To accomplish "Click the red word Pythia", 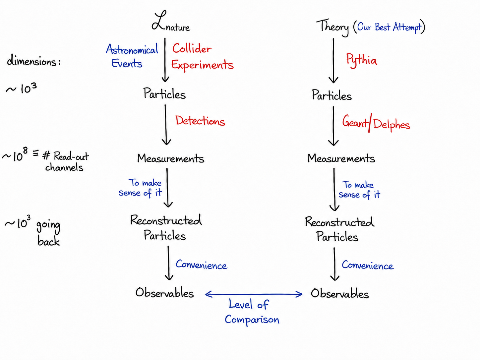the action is (361, 60).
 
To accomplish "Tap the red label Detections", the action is (200, 121).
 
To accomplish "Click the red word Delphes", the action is (391, 125).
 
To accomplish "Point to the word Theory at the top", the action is (332, 27).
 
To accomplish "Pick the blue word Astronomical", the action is (132, 49).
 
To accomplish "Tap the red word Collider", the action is (192, 48).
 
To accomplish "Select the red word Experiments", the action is (202, 65).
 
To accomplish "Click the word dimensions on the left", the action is (34, 61).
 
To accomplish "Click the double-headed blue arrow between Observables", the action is (254, 294).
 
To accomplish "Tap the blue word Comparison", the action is (252, 320).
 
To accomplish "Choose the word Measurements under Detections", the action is (171, 158).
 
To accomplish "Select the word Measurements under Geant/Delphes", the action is (341, 158).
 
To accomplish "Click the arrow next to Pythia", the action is (333, 61).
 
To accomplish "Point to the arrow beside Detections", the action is (166, 125).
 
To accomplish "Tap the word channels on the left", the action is (64, 168).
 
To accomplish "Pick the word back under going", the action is (48, 241).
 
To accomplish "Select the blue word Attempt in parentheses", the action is (407, 28).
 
